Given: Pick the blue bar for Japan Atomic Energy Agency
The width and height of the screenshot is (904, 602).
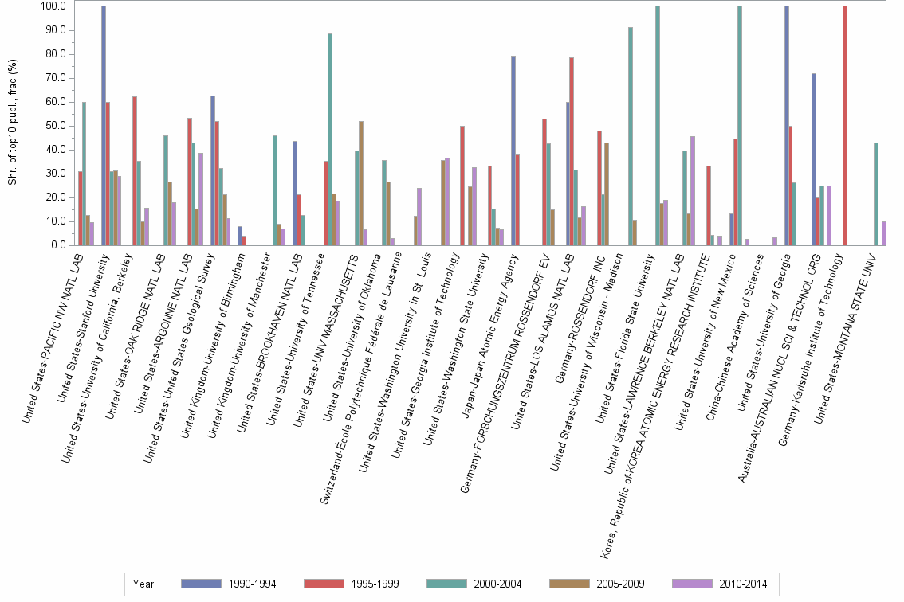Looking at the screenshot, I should (x=513, y=150).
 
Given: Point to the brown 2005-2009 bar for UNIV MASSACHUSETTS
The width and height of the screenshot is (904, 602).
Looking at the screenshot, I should (x=361, y=183).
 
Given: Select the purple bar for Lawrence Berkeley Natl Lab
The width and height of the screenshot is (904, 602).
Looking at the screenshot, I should (x=693, y=190).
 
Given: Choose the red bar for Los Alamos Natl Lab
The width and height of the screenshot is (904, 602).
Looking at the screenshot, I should (x=572, y=151).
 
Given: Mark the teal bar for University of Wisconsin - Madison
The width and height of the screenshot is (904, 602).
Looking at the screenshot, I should (x=630, y=136).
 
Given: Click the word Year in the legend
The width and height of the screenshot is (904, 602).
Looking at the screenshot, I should (x=143, y=584).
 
